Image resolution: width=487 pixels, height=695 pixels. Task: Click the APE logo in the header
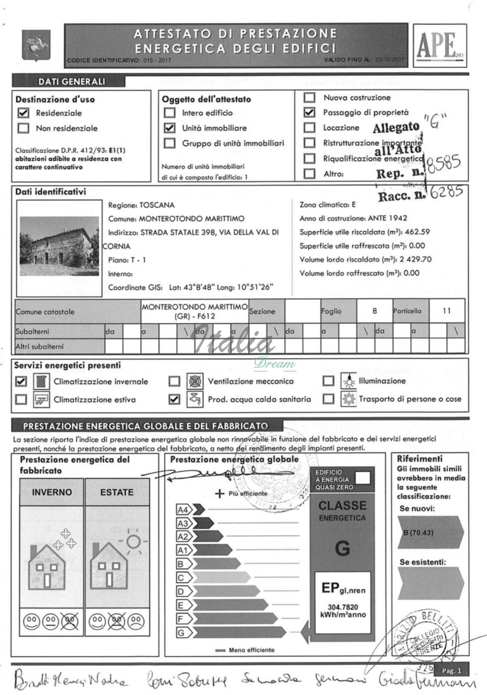[439, 45]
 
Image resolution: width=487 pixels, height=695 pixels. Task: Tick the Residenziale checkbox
[23, 113]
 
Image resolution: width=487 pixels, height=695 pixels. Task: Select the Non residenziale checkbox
[23, 128]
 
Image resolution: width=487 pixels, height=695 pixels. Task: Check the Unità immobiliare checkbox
[170, 128]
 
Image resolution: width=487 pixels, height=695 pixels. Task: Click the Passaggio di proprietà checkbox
[309, 113]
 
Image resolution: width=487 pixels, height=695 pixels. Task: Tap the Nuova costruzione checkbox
[309, 98]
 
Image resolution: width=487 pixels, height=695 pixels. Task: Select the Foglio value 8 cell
[375, 311]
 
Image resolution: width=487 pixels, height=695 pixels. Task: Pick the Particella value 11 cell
[447, 311]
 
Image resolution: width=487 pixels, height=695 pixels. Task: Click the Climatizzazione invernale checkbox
[21, 381]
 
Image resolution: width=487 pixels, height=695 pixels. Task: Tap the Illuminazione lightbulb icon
[348, 381]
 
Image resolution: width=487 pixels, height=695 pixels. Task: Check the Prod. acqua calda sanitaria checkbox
[174, 399]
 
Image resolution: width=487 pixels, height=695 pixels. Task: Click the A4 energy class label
[183, 510]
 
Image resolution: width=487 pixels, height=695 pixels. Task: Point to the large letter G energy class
[342, 549]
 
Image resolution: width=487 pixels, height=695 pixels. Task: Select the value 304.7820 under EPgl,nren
[342, 607]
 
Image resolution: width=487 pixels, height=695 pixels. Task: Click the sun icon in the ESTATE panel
[133, 542]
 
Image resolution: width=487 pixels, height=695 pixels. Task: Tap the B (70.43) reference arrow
[430, 533]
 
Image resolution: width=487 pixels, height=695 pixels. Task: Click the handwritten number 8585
[443, 164]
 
